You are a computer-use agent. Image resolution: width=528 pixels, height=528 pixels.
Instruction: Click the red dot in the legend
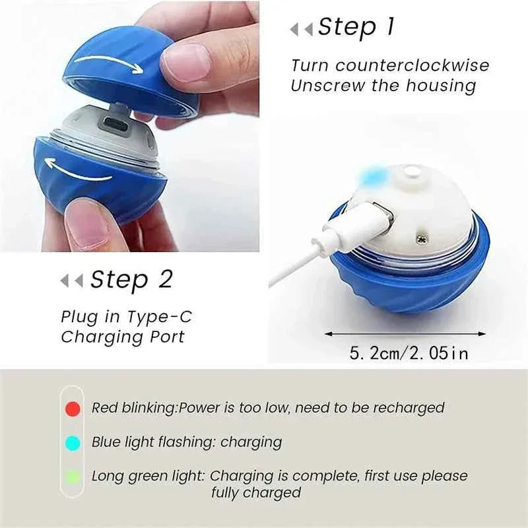[73, 409]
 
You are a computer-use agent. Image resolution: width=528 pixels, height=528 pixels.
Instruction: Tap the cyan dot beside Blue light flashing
[73, 442]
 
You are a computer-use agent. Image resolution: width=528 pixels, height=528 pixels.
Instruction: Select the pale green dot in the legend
[73, 476]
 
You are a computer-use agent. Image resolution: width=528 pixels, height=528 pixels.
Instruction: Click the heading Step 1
[356, 27]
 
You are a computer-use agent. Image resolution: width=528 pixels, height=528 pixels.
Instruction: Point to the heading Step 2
[131, 280]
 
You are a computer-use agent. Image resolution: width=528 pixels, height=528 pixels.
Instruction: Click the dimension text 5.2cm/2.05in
[409, 353]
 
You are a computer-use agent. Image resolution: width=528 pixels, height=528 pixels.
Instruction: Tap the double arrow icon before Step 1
[302, 30]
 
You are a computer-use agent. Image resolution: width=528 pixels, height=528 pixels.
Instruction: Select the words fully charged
[256, 492]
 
